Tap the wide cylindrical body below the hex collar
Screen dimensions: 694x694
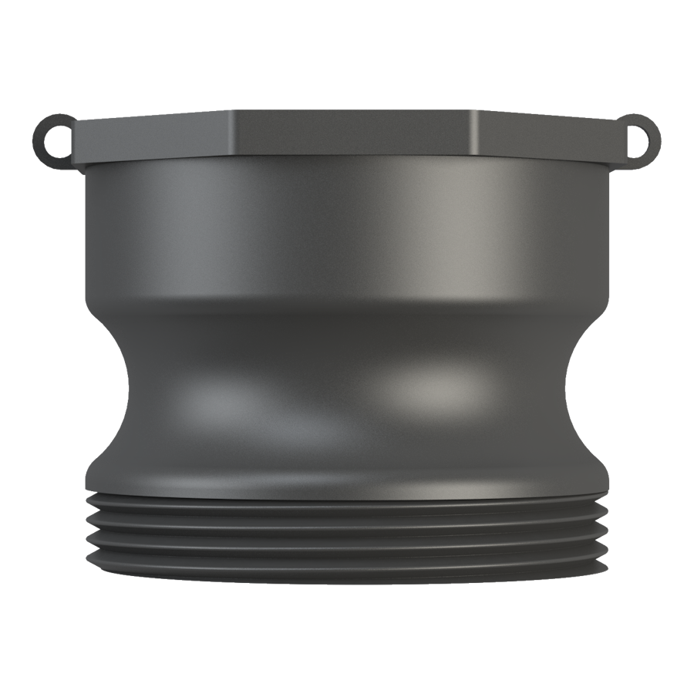coord(347,231)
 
